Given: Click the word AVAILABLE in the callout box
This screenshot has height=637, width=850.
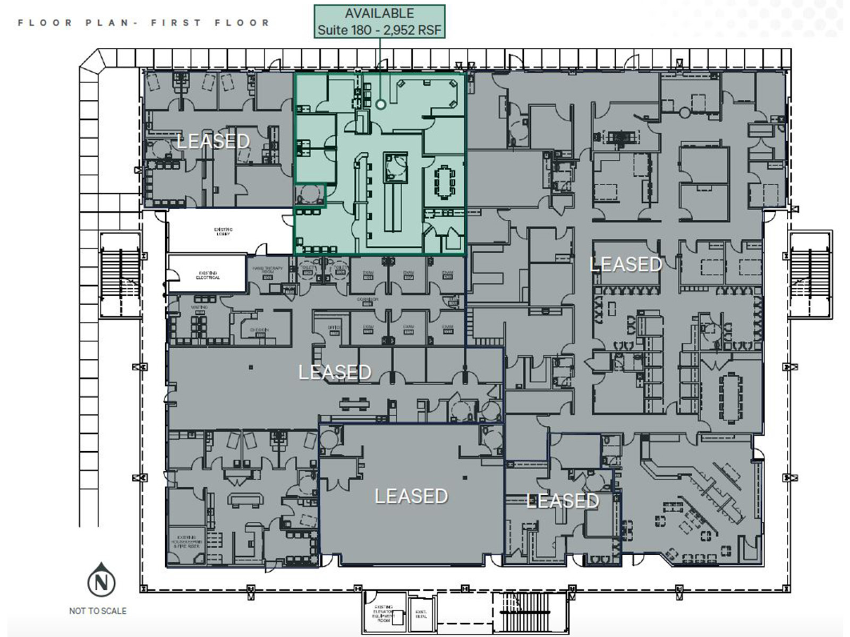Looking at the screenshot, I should tap(379, 13).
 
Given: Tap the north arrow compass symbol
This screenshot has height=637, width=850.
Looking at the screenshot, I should tap(101, 582).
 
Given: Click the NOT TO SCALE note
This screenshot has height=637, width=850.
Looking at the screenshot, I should tap(98, 611).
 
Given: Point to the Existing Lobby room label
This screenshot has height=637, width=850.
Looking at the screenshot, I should tap(223, 231).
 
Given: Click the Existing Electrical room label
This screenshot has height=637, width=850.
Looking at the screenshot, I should tap(208, 276).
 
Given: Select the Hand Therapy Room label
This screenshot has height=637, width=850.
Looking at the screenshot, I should tap(267, 270).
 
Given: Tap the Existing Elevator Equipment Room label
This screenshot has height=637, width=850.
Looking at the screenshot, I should tap(384, 613).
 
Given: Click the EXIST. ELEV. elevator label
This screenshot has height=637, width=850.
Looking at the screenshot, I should tap(420, 614).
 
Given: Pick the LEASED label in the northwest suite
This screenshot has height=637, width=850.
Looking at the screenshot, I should tap(213, 141).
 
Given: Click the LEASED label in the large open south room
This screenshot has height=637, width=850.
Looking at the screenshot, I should tap(411, 496).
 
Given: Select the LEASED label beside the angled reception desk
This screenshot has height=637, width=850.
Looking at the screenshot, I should tap(562, 501).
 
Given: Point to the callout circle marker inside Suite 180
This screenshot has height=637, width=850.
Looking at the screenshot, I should tap(381, 105).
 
